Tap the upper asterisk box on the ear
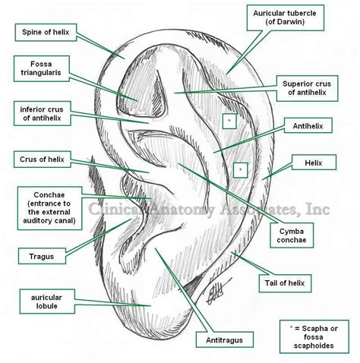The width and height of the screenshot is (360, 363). point(228,120)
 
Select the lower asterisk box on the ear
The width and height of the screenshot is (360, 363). point(240,169)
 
